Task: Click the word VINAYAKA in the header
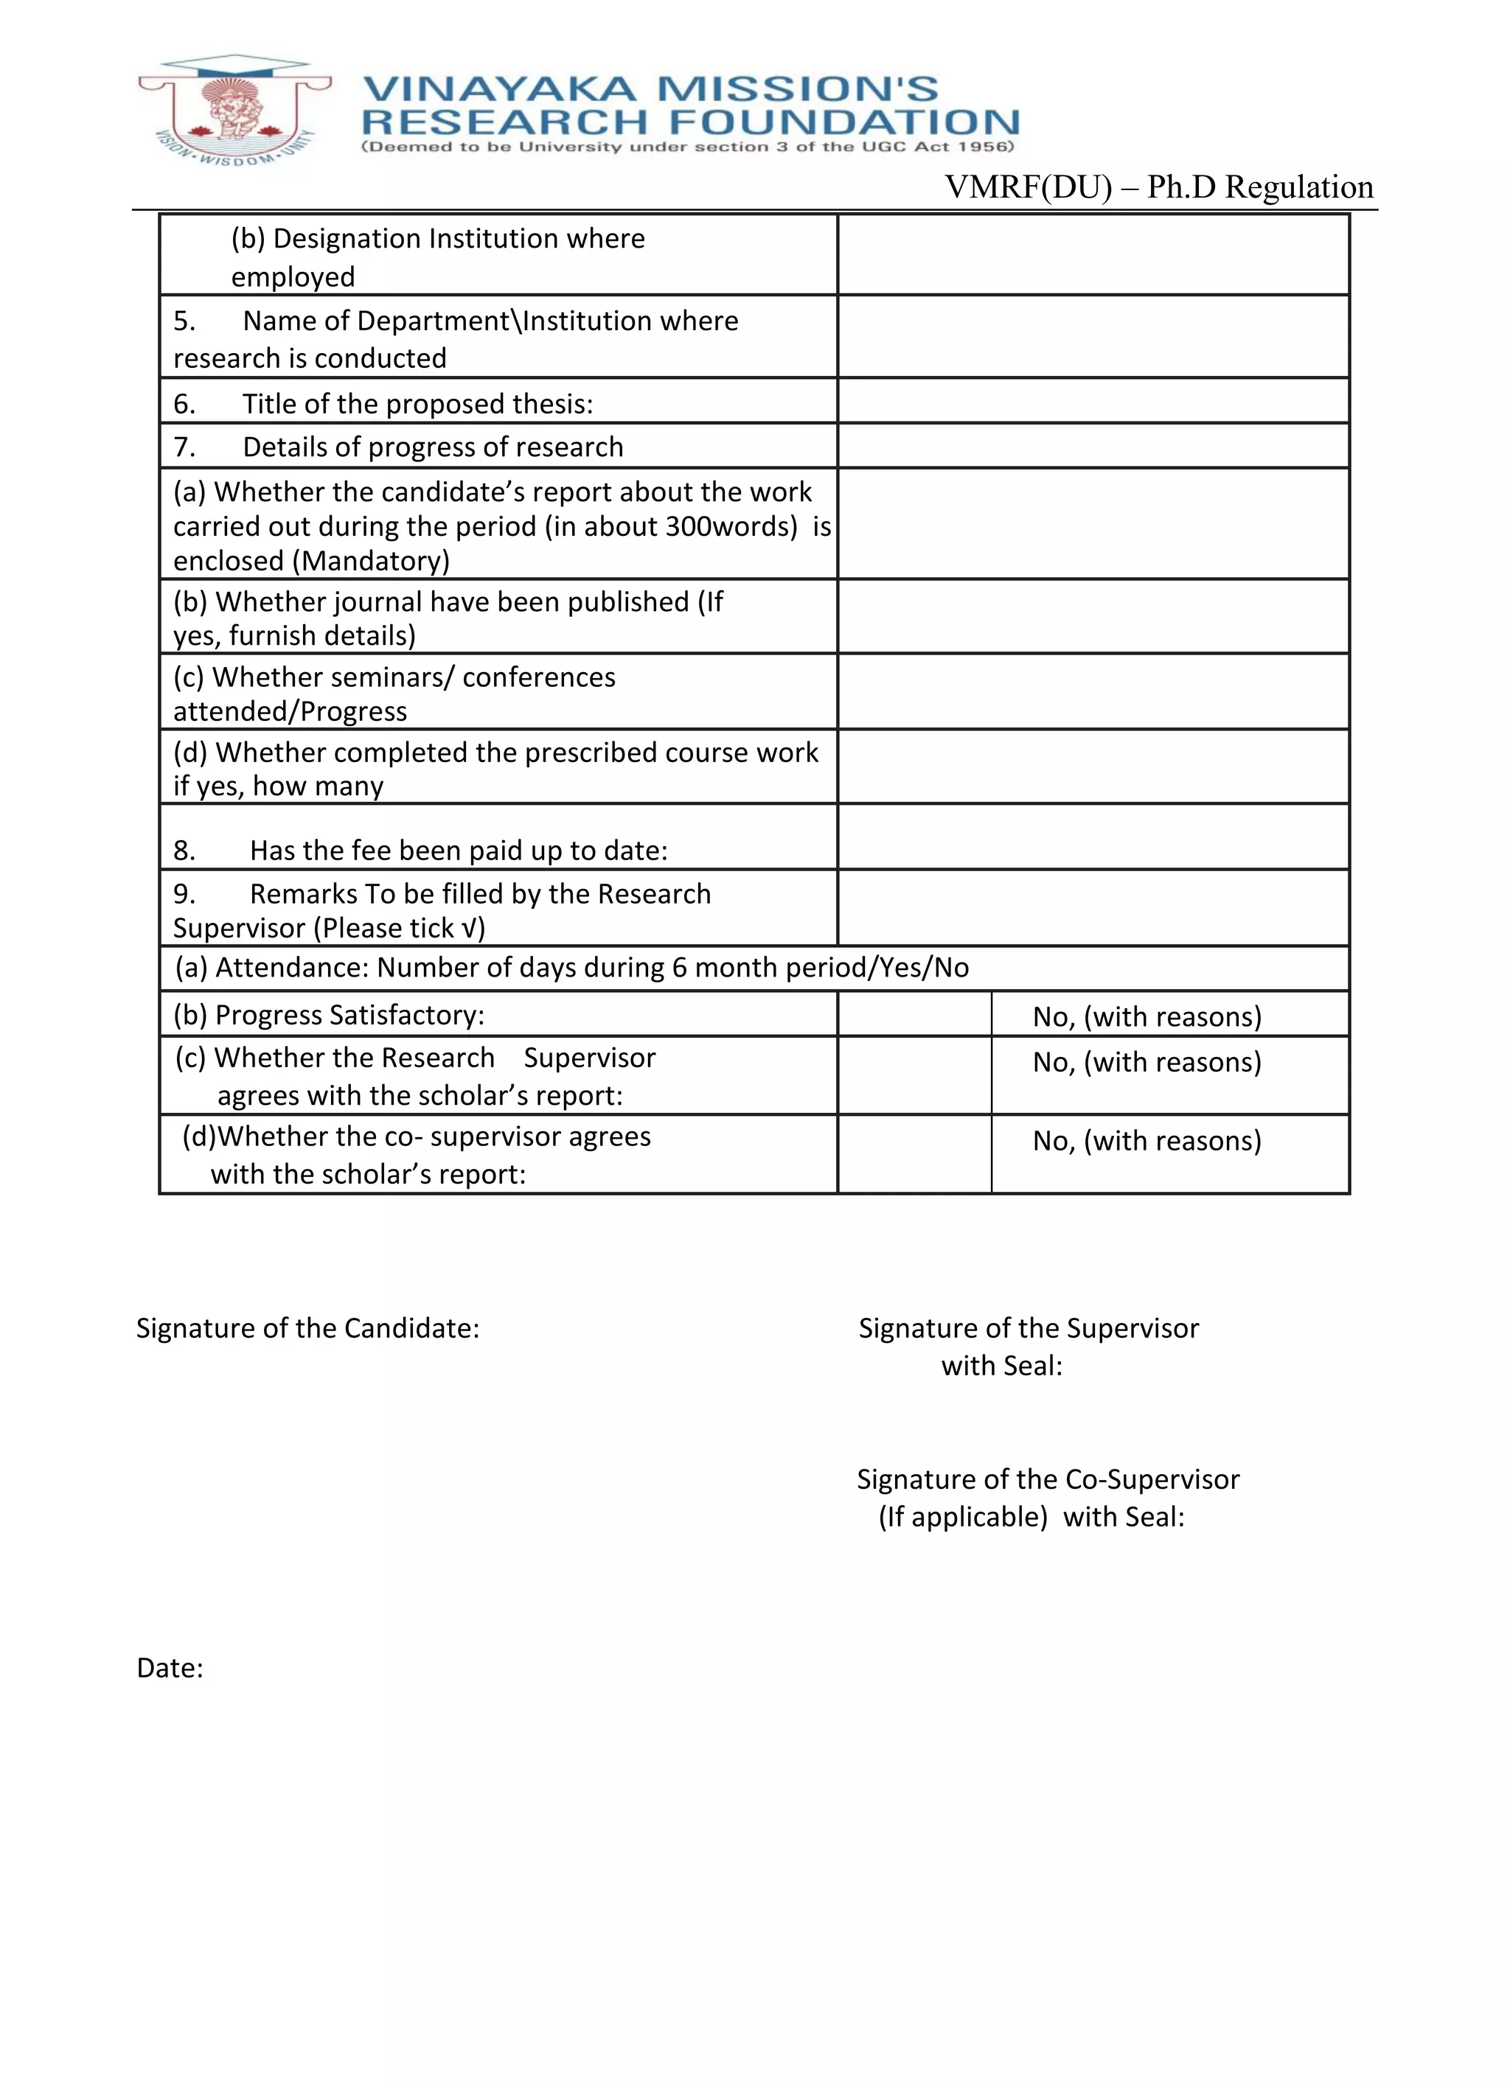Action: pos(499,89)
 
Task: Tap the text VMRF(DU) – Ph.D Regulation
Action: pos(1158,187)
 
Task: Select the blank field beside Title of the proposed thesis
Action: pos(1093,402)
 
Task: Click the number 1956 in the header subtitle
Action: pos(984,147)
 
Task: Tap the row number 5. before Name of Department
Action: pos(184,321)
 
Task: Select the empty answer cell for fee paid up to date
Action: pos(1093,837)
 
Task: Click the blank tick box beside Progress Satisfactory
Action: pos(914,1013)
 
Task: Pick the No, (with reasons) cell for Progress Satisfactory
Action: pos(1147,1016)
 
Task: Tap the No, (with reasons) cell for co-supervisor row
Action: pos(1147,1141)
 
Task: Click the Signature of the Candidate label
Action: pos(307,1328)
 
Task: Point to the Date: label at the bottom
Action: pos(170,1668)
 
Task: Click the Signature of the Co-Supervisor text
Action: pos(1048,1479)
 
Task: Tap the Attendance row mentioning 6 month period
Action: pos(571,968)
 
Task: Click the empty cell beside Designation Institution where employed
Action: pos(1093,255)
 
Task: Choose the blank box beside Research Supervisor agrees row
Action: pos(914,1075)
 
